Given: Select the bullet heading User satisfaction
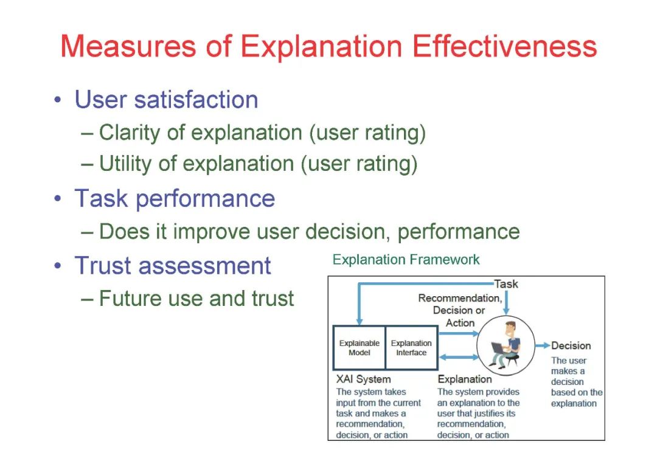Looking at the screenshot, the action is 166,100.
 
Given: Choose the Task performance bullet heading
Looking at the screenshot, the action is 175,199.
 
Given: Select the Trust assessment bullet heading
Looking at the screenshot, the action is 173,266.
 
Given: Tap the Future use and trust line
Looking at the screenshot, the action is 196,299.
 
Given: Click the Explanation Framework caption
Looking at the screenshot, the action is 406,260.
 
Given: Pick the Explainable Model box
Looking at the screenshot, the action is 359,348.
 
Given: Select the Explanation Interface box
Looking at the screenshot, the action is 411,348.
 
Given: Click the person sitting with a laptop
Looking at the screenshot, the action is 505,345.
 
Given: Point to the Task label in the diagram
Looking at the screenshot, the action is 506,284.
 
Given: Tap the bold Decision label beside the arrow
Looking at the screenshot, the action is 571,345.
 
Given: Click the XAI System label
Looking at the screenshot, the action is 363,379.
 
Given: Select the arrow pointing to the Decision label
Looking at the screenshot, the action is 543,345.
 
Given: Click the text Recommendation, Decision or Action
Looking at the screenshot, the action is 460,310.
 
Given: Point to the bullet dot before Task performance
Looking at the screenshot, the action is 57,199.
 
